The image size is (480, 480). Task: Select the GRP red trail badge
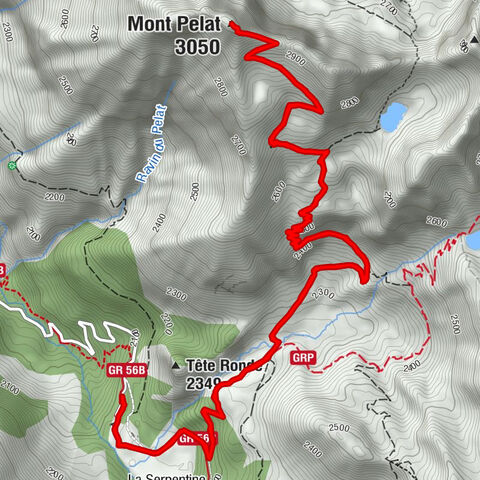click(x=304, y=357)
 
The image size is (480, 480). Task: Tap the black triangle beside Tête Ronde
click(x=175, y=364)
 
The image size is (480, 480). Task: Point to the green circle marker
click(x=12, y=165)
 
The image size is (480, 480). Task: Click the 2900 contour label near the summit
click(x=294, y=58)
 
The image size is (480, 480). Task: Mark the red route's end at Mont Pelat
click(x=232, y=24)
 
